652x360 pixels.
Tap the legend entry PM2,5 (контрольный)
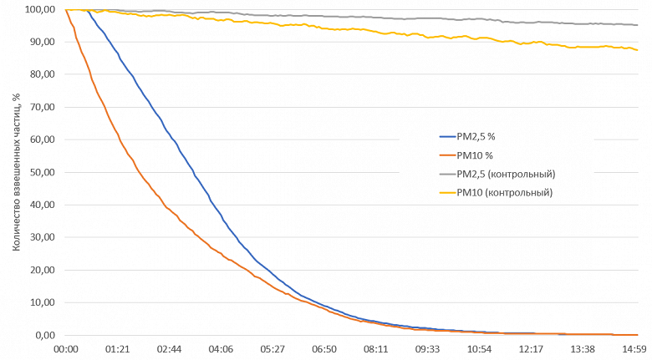tap(507, 174)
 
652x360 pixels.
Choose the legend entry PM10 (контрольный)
tap(504, 192)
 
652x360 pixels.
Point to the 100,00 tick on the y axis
tap(39, 10)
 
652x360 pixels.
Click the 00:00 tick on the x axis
tap(66, 349)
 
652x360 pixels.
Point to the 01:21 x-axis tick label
tap(118, 349)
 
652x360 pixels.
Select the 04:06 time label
tap(222, 349)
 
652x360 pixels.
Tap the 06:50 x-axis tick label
tap(324, 349)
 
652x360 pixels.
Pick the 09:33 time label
tap(428, 349)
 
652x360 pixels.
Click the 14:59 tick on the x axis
tap(634, 349)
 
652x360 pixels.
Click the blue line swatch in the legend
tap(446, 136)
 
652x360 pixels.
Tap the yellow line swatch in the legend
tap(446, 192)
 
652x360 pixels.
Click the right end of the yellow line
tap(638, 50)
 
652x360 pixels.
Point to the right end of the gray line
tap(638, 25)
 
